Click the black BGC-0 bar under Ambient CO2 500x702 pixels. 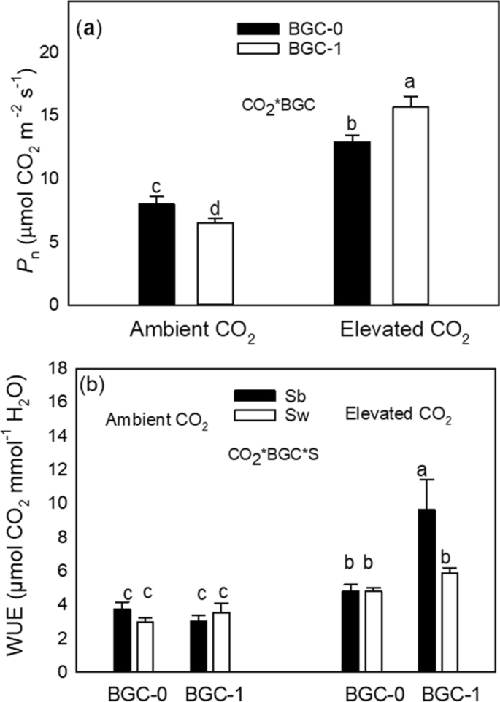tap(156, 254)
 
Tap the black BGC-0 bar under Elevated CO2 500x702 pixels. tap(352, 222)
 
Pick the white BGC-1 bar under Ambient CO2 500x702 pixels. tap(215, 263)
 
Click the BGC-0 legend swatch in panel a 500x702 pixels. tap(258, 30)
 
